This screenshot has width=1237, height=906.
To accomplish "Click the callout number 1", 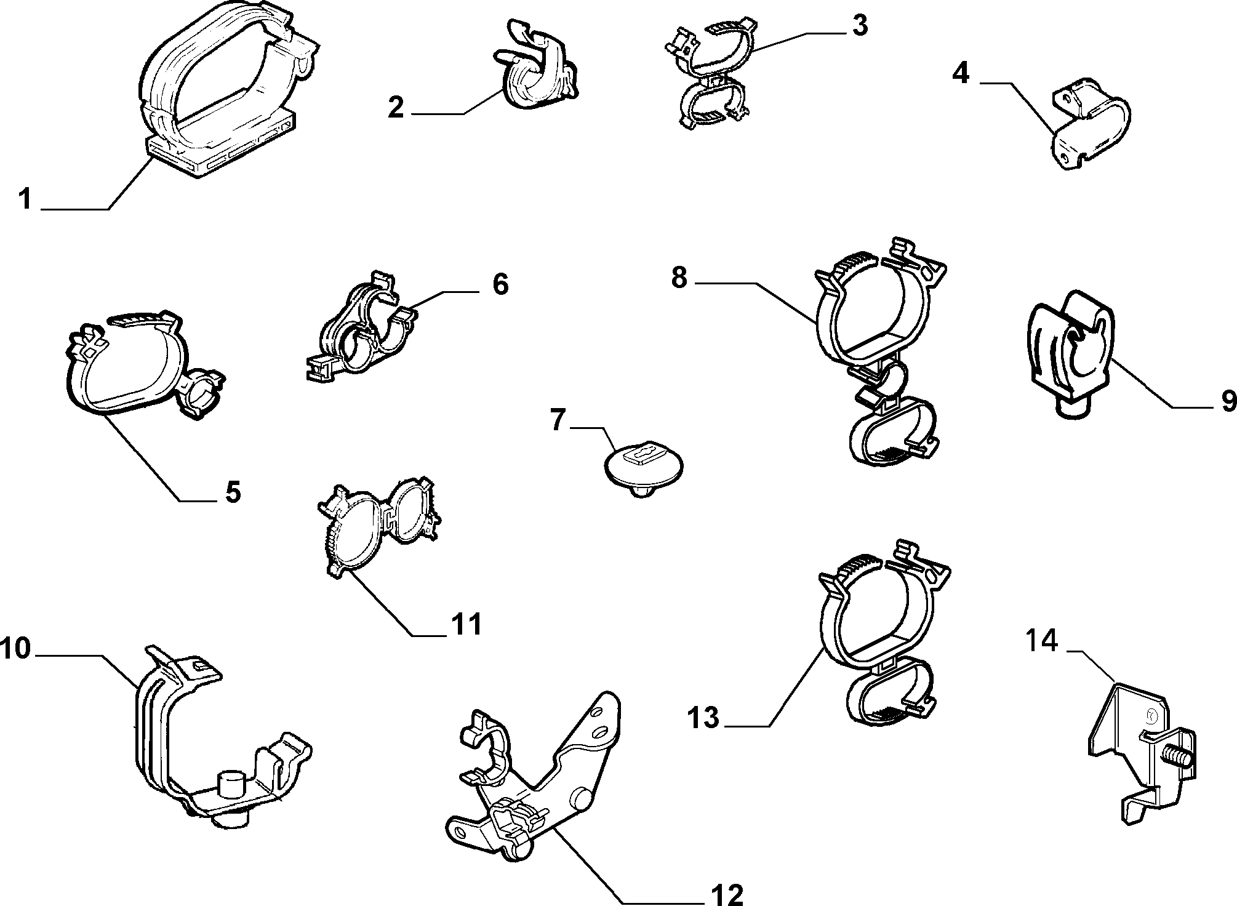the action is (x=25, y=199).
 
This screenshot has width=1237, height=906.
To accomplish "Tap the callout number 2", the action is (x=396, y=108).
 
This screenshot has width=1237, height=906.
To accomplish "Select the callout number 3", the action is (x=860, y=26).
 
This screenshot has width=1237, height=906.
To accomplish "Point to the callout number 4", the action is (x=961, y=74).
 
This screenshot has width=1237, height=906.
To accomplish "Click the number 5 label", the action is (x=233, y=492).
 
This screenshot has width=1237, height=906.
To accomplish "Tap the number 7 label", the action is (x=558, y=421).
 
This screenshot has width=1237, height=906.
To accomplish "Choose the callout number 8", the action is (x=679, y=278).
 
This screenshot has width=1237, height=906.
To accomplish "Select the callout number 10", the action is (x=15, y=649).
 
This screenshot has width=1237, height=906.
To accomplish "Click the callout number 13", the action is (x=703, y=718).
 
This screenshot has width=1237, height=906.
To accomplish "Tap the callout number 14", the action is (x=1041, y=642).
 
